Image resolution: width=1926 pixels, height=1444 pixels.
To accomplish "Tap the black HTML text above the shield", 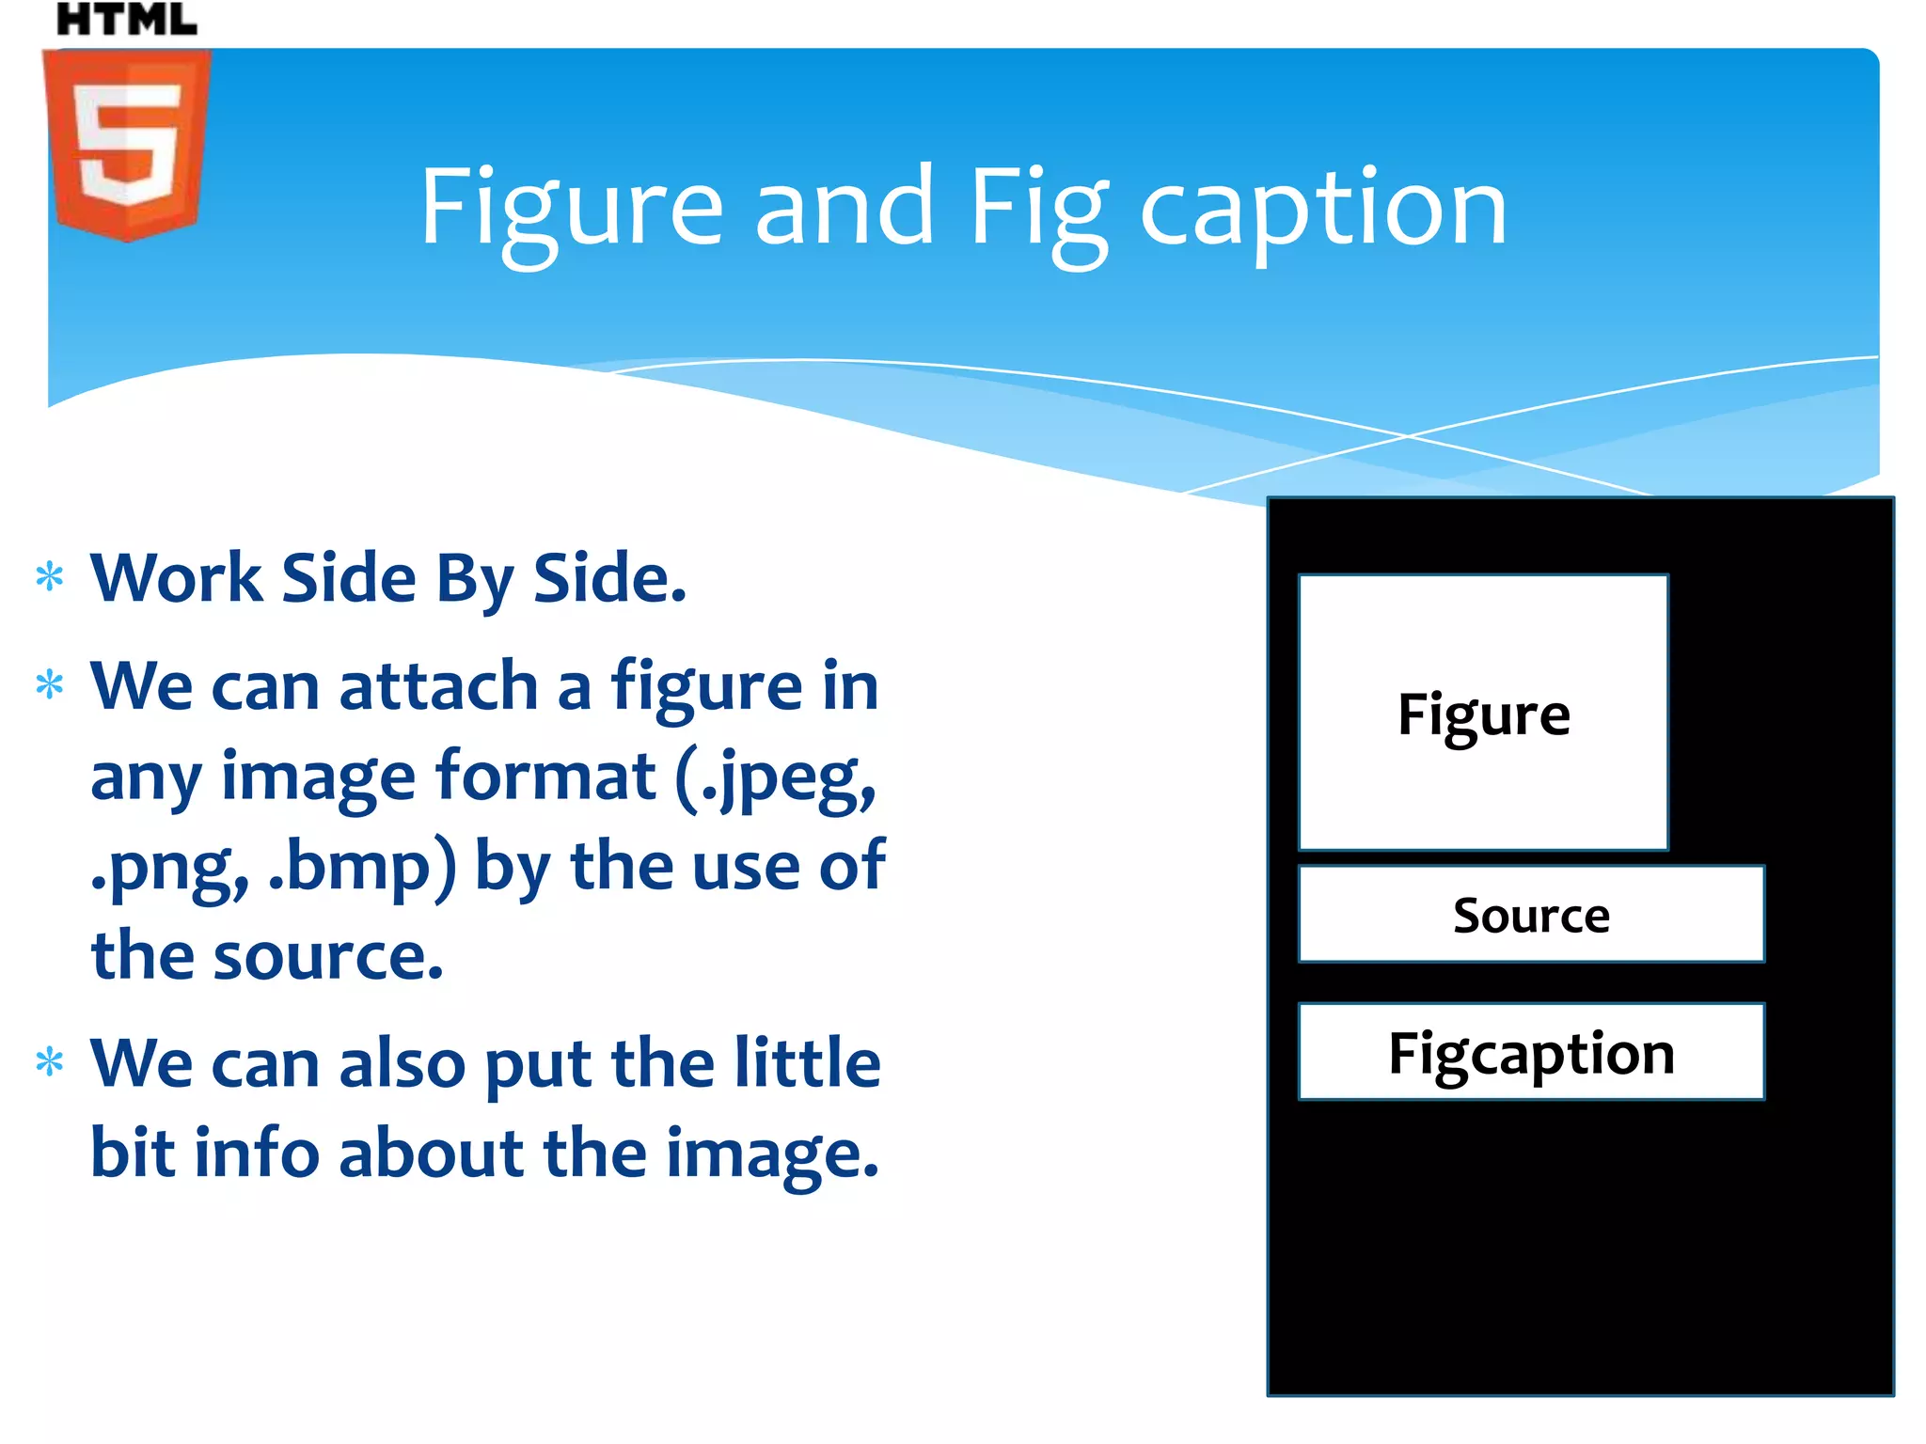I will coord(127,19).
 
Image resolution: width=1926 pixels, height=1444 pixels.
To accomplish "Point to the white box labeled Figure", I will coord(1483,712).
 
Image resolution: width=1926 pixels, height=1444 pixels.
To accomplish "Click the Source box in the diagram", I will coord(1531,914).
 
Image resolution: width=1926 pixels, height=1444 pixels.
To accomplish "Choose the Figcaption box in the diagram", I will coord(1531,1052).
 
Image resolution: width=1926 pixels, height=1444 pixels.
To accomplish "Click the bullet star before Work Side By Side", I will coord(50,576).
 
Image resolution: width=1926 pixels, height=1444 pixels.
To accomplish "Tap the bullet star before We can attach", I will coord(50,684).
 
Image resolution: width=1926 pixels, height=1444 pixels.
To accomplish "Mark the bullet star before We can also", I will coord(50,1062).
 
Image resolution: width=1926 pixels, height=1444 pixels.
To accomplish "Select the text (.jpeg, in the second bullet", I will coord(775,777).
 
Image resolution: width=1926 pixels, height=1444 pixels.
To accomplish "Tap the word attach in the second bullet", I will coord(438,686).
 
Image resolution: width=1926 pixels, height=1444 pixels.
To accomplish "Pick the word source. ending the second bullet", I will coord(328,956).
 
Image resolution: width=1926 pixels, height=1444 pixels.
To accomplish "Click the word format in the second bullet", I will coord(545,776).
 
